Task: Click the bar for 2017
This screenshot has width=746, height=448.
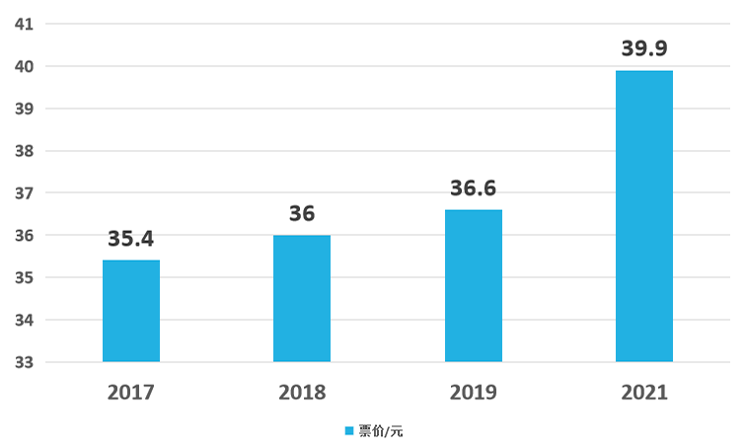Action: (131, 311)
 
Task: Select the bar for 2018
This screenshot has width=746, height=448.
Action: (302, 299)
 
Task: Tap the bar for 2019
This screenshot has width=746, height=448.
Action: (474, 286)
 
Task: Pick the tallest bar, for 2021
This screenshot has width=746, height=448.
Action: (644, 216)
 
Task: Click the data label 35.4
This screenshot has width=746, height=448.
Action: (131, 239)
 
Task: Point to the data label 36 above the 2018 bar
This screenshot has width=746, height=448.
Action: (302, 213)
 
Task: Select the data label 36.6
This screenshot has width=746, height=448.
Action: (474, 188)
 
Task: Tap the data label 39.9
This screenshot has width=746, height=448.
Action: (644, 48)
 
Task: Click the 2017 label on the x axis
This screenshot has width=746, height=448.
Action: (131, 393)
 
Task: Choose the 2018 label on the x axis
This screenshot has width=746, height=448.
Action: (302, 393)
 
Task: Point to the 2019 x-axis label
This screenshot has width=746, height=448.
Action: (474, 393)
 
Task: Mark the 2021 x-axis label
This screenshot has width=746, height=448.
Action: (644, 393)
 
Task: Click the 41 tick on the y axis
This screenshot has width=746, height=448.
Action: (25, 25)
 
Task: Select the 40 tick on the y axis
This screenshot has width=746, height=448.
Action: (25, 66)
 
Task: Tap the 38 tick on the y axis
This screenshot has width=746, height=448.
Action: (25, 151)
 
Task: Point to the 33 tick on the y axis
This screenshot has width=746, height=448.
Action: (25, 362)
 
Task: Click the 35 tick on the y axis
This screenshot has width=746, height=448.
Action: (25, 277)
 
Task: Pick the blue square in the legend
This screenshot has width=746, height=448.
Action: (349, 431)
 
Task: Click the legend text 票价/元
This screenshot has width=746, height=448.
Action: (381, 431)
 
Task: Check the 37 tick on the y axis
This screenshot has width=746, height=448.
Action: (25, 193)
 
